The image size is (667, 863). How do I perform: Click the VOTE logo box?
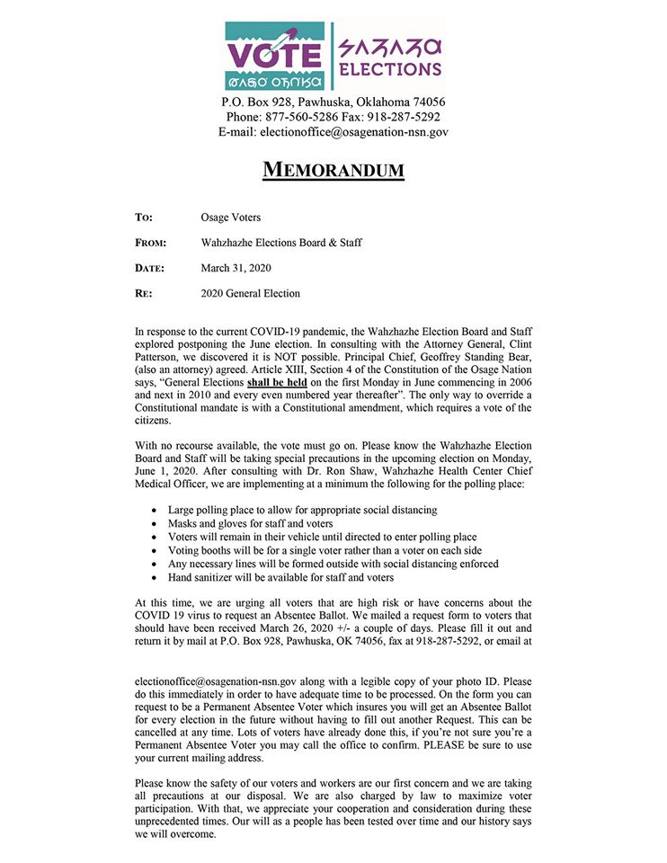tap(276, 55)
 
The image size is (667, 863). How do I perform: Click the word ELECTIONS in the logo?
tap(389, 68)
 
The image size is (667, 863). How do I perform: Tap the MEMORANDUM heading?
tap(333, 169)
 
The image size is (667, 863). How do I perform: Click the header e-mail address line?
tap(333, 132)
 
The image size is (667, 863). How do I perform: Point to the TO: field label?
tap(144, 218)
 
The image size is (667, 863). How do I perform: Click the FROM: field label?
tap(149, 243)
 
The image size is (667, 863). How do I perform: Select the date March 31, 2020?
tap(236, 268)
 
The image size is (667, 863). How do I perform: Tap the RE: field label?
tap(143, 293)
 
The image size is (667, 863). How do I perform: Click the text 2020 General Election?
tap(251, 293)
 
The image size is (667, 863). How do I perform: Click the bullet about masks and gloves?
tap(251, 524)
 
